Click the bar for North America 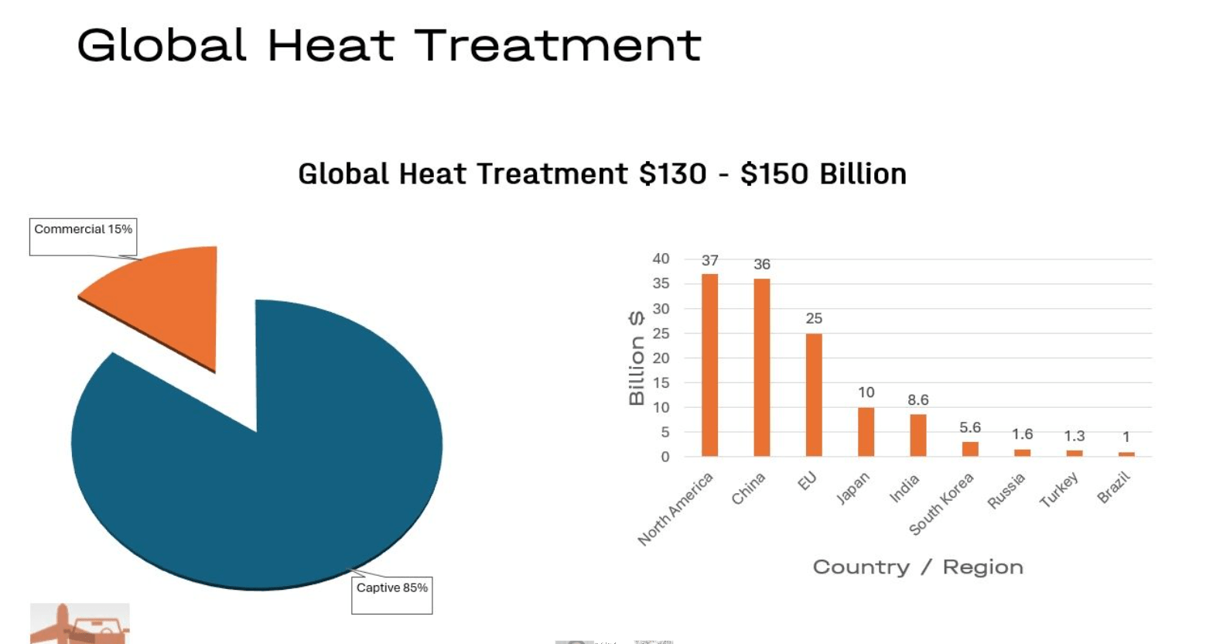pyautogui.click(x=709, y=365)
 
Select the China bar pyautogui.click(x=761, y=368)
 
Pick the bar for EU pyautogui.click(x=814, y=395)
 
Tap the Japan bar pyautogui.click(x=866, y=432)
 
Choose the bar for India pyautogui.click(x=917, y=436)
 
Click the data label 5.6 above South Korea pyautogui.click(x=970, y=427)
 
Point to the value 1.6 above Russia pyautogui.click(x=1023, y=433)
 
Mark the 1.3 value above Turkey pyautogui.click(x=1075, y=436)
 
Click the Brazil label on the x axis pyautogui.click(x=1114, y=488)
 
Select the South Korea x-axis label pyautogui.click(x=941, y=504)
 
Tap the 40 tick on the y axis pyautogui.click(x=661, y=259)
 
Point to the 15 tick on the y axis pyautogui.click(x=661, y=383)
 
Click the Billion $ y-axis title pyautogui.click(x=637, y=358)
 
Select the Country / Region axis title pyautogui.click(x=917, y=567)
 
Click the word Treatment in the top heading pyautogui.click(x=558, y=46)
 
